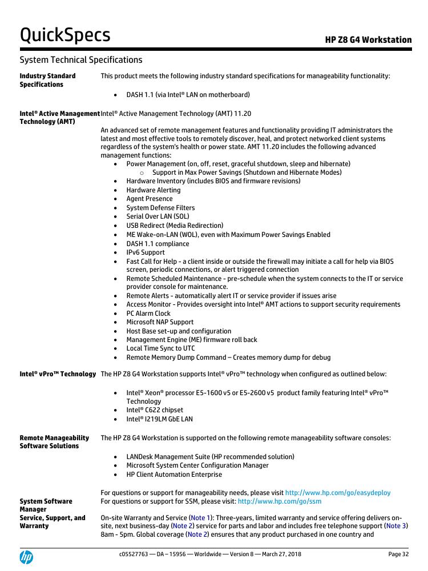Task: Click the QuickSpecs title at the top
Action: coord(64,35)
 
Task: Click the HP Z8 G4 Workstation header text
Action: coord(368,40)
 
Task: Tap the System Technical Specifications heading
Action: coord(80,59)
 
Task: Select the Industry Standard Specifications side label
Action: coord(47,80)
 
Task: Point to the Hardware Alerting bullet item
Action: coord(153,190)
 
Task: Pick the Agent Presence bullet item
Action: coord(149,199)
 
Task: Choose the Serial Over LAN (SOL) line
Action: coord(158,216)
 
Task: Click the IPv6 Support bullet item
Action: coord(146,252)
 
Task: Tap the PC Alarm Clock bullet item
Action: coord(148,313)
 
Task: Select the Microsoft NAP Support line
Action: coord(160,322)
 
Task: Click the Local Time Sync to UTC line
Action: coord(160,348)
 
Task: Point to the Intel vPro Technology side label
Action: coord(58,374)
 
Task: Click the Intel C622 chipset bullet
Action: coord(155,410)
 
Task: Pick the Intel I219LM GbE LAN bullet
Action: coord(159,419)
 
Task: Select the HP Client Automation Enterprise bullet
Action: coord(174,475)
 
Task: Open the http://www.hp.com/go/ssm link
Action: coord(279,501)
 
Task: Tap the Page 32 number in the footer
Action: coord(398,554)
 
